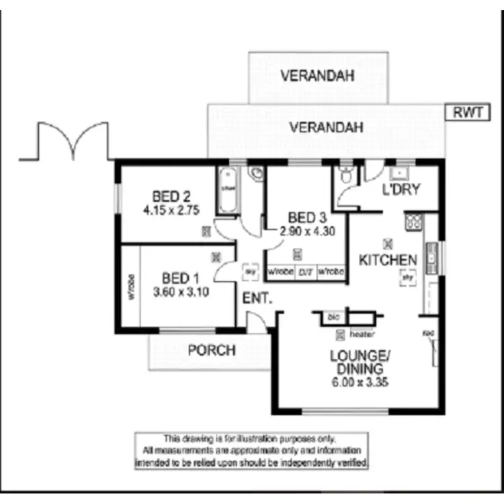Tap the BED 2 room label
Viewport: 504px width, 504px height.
(171, 197)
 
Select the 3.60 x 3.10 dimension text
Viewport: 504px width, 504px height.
(181, 292)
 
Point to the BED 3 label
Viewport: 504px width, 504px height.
(306, 218)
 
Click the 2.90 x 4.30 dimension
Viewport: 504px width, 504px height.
(307, 230)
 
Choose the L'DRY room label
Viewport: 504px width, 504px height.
(401, 190)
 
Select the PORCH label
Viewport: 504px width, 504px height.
(212, 350)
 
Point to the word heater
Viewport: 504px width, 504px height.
(362, 334)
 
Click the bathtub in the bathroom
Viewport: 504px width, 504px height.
(227, 190)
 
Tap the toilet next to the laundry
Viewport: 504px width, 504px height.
(345, 177)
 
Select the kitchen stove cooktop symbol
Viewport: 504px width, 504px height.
(413, 221)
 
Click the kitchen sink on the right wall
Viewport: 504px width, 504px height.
(433, 257)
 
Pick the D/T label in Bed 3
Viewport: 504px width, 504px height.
(306, 272)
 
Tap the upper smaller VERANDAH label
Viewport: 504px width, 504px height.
(317, 76)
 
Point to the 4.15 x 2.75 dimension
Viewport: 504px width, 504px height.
(171, 210)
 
